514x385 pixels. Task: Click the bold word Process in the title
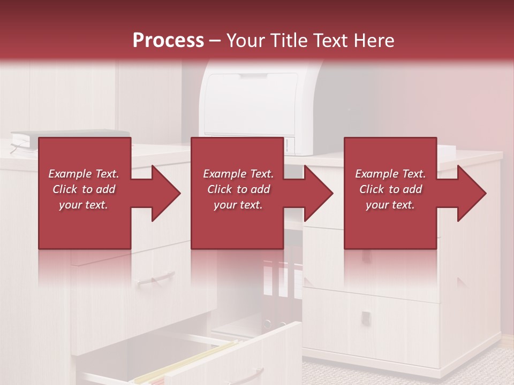(x=168, y=40)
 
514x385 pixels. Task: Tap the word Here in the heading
(x=373, y=40)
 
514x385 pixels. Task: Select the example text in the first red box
(x=84, y=189)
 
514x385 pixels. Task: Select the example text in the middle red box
(x=238, y=189)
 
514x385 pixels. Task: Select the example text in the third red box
(x=390, y=189)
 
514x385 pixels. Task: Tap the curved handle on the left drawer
(x=156, y=279)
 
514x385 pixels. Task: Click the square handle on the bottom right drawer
(x=365, y=317)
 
